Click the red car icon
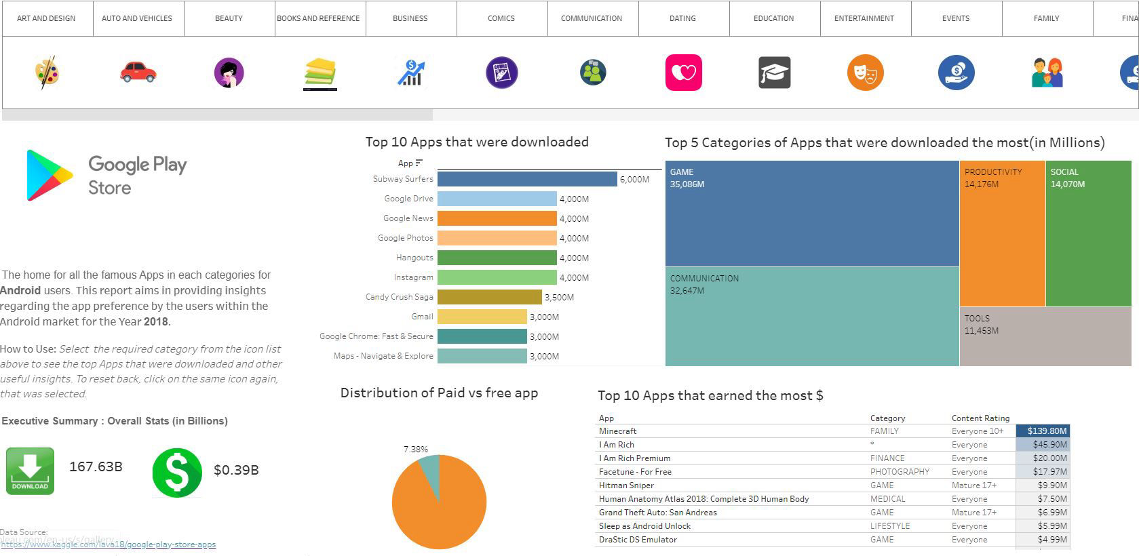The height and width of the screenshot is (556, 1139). click(x=138, y=72)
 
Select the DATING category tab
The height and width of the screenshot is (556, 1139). click(x=682, y=18)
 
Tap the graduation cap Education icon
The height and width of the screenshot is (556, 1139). click(x=774, y=73)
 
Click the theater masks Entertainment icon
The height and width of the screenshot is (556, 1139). click(x=865, y=73)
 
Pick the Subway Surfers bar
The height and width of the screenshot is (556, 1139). click(x=527, y=179)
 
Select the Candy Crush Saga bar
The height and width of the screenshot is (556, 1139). click(x=489, y=297)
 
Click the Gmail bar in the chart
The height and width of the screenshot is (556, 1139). click(x=482, y=317)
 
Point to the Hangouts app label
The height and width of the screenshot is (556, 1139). click(x=414, y=258)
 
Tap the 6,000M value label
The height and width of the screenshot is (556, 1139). click(x=634, y=180)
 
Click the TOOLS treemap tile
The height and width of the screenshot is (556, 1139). click(x=1045, y=337)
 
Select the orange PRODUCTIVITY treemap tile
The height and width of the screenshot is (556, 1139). click(x=1002, y=234)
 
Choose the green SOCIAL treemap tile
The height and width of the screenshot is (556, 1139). click(x=1088, y=234)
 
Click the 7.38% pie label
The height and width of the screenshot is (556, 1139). click(x=415, y=450)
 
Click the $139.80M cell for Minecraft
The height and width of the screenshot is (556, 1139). click(x=1043, y=431)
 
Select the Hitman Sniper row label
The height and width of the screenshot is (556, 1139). click(x=626, y=485)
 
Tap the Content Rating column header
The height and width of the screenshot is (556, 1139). click(x=980, y=418)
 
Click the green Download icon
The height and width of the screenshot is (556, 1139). click(x=30, y=471)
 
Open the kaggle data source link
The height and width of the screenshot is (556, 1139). click(x=109, y=544)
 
